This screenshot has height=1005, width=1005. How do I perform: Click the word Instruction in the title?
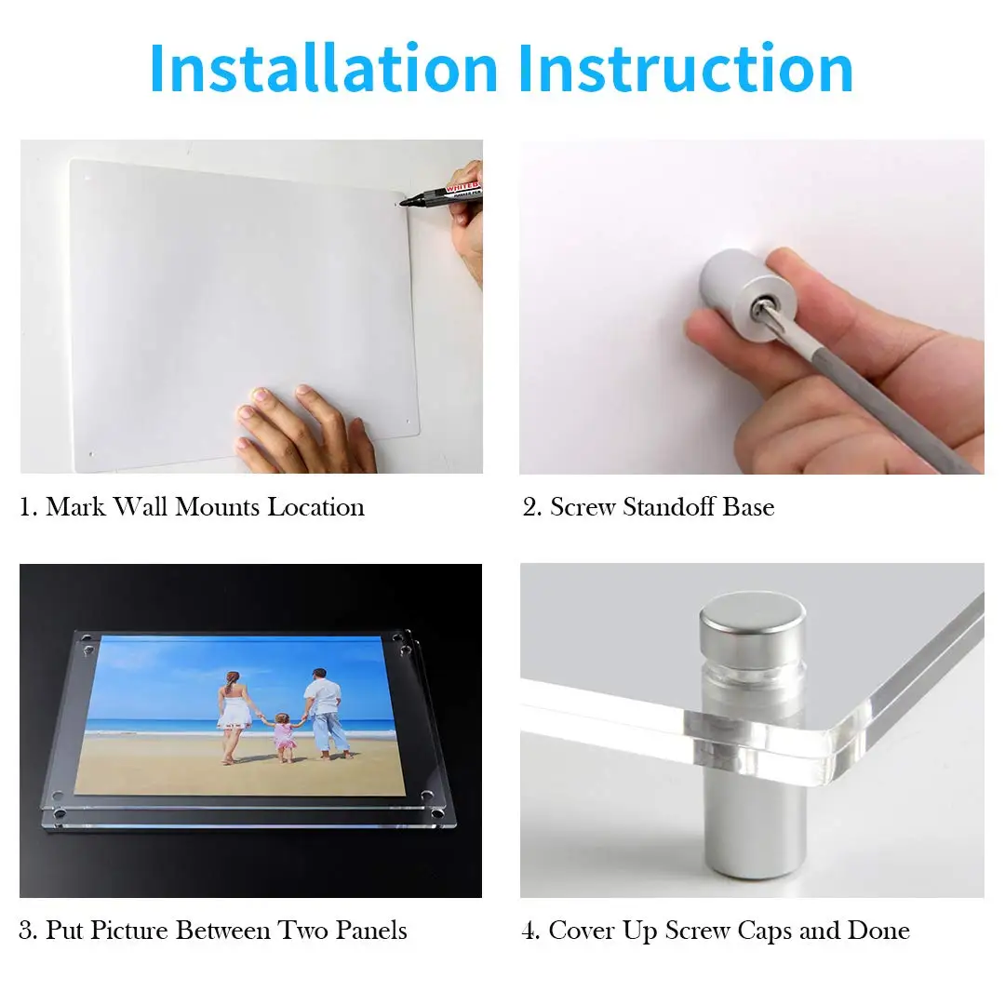(x=686, y=69)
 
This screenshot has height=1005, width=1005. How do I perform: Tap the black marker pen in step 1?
(x=447, y=194)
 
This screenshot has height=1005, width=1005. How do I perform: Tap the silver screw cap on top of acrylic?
(x=751, y=619)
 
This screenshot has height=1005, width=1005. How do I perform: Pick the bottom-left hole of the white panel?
(x=90, y=455)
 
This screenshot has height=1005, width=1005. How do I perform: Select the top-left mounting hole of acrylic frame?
(x=87, y=650)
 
